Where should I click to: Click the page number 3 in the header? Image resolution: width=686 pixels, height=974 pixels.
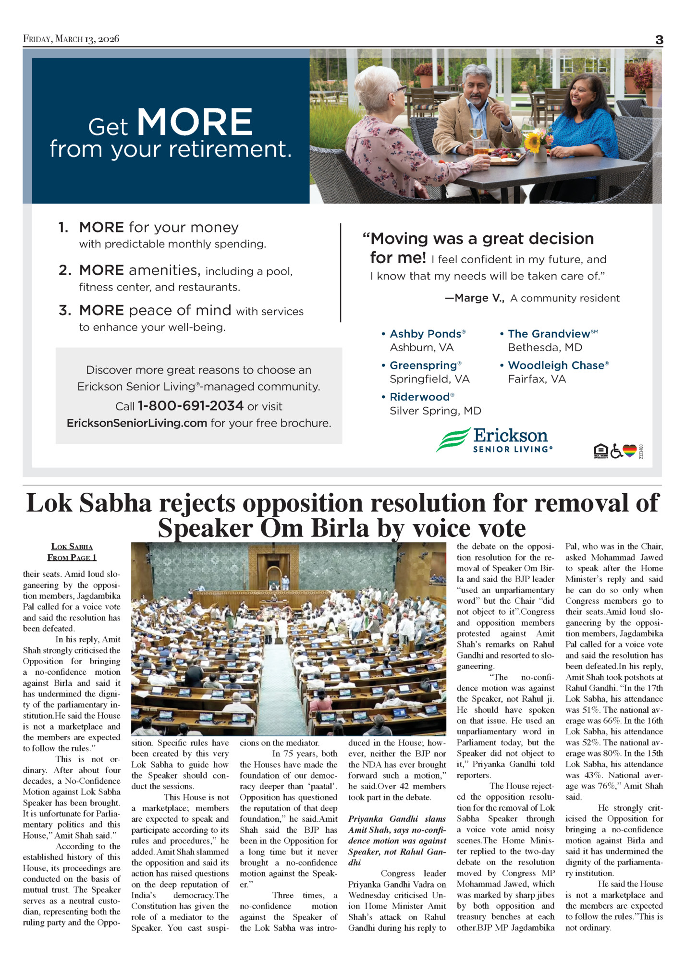click(659, 40)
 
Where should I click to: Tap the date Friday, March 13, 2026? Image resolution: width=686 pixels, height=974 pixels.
click(71, 39)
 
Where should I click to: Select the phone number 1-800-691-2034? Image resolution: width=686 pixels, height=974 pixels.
click(191, 406)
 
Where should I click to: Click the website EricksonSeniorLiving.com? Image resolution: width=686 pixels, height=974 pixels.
click(137, 423)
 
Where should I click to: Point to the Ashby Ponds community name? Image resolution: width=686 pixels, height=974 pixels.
click(426, 334)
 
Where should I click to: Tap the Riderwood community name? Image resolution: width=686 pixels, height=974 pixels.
click(420, 397)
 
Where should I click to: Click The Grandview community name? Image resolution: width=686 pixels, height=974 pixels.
click(549, 334)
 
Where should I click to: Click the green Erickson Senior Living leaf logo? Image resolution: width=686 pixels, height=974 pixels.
click(453, 439)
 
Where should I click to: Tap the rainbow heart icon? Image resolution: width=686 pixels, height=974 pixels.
click(630, 450)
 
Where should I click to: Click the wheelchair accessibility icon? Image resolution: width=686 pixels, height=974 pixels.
click(616, 451)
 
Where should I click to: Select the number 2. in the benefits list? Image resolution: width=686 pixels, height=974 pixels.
click(65, 270)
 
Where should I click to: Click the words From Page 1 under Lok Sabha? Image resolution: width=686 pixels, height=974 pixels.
click(72, 557)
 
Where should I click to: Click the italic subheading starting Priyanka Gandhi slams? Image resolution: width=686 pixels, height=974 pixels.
click(397, 840)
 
